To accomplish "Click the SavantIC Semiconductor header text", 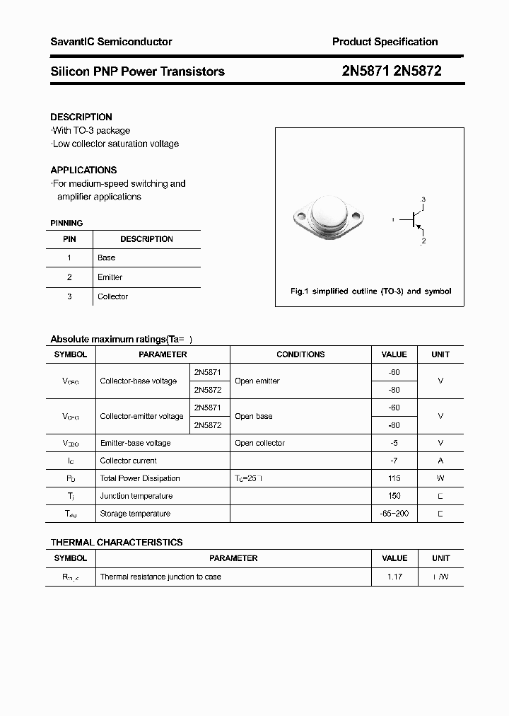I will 111,42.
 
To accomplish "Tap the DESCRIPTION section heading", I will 81,117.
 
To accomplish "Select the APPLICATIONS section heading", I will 83,170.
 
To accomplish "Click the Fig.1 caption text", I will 370,291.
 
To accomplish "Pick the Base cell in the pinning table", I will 106,258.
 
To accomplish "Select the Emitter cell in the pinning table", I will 110,277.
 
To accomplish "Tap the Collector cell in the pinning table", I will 112,296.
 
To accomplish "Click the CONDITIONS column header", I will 300,354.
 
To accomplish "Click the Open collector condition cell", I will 259,443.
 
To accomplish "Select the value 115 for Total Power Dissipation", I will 394,478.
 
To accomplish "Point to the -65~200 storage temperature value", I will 394,514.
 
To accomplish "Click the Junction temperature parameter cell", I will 136,496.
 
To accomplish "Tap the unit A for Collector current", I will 440,461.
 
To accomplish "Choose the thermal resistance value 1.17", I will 394,577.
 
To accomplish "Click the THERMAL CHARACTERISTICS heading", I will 117,542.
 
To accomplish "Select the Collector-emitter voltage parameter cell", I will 141,417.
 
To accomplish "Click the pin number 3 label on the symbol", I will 423,199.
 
